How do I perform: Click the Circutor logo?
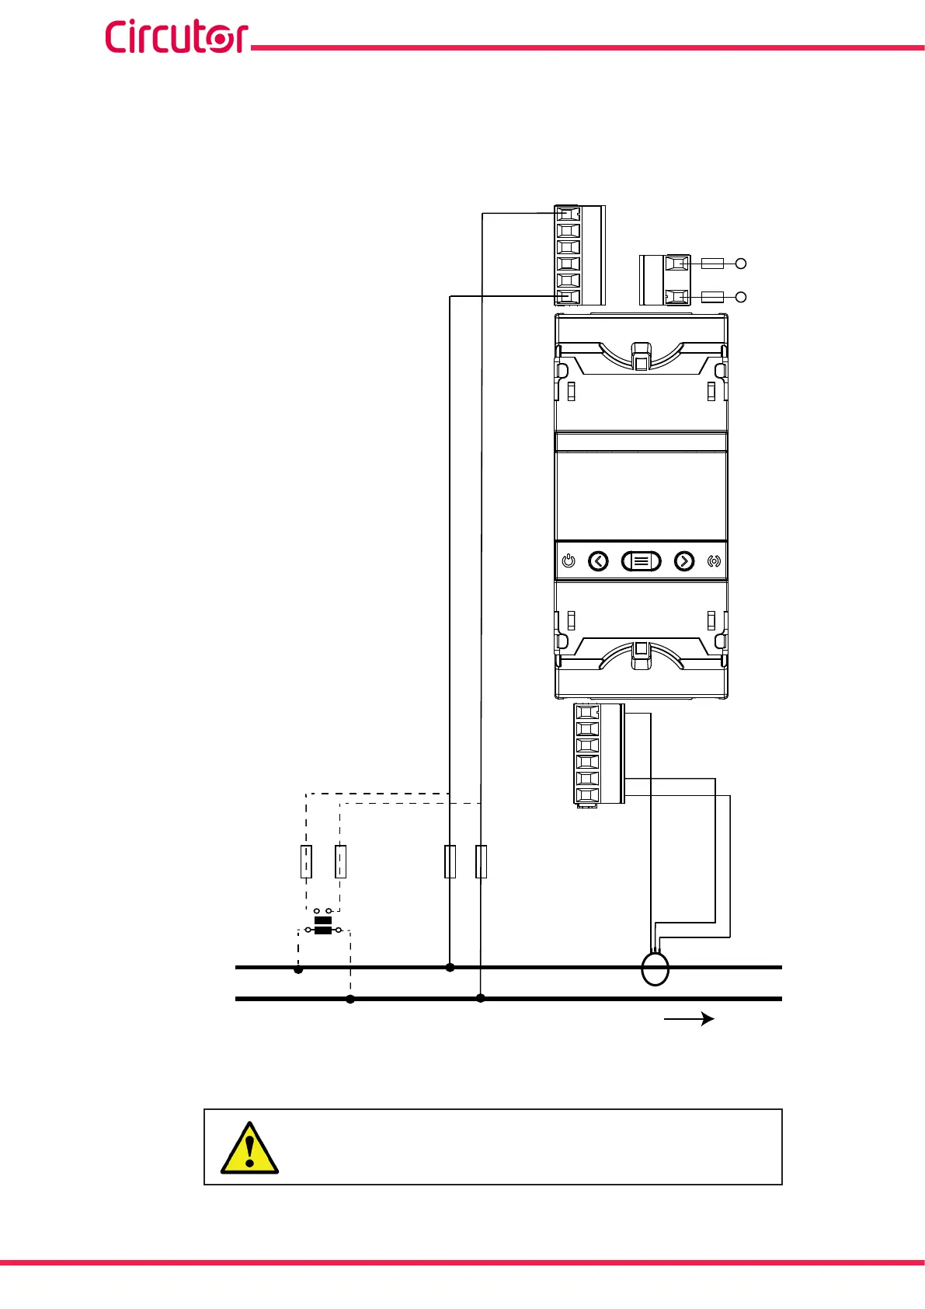point(176,37)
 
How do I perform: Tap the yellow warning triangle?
point(249,1148)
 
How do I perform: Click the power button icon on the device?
point(569,561)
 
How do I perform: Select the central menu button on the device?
point(641,561)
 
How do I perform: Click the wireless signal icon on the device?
point(714,561)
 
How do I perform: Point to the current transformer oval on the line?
point(655,969)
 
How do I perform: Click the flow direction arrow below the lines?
point(689,1018)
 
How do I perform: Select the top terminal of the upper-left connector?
point(569,215)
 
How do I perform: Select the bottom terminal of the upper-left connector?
point(569,296)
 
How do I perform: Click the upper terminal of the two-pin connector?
point(676,264)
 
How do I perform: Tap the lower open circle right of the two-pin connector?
point(741,297)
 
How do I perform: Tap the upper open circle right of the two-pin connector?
point(741,264)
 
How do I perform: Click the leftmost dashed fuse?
point(306,861)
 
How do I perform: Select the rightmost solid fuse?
point(481,861)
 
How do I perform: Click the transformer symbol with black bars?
point(323,925)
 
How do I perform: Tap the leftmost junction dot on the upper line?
point(298,969)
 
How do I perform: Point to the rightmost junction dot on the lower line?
point(481,998)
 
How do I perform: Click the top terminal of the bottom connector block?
point(588,712)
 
